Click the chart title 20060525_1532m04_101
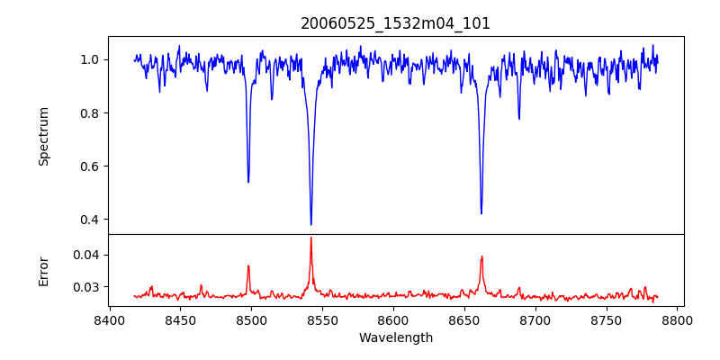(395, 23)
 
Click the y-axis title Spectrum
(44, 136)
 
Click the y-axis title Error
(44, 271)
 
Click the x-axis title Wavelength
(395, 338)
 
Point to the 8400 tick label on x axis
(109, 320)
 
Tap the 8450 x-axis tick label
(180, 320)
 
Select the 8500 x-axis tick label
(251, 320)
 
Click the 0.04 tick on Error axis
(87, 255)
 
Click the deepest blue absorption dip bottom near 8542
(311, 224)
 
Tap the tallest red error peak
(311, 238)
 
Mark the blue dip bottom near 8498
(248, 182)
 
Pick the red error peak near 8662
(481, 256)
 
